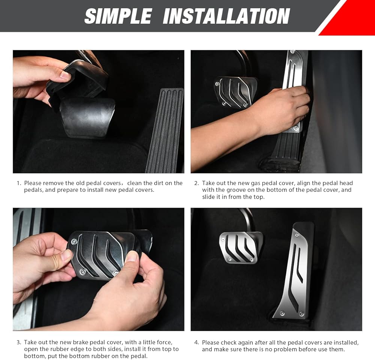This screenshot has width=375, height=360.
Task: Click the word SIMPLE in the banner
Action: pos(118,16)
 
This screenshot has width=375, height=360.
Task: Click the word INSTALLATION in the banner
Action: pos(226,16)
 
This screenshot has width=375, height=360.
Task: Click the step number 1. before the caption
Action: pos(19,183)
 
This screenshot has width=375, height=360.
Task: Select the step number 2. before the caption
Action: pos(196,183)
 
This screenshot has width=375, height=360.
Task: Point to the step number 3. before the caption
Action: pos(19,342)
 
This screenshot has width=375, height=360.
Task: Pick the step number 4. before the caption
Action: pos(196,342)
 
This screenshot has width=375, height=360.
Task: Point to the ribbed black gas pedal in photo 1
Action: pos(165,130)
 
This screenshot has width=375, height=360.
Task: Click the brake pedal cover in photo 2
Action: pos(235,92)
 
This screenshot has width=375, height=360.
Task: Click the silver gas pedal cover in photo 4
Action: pos(294,271)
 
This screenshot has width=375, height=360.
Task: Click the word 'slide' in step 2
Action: pos(208,197)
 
